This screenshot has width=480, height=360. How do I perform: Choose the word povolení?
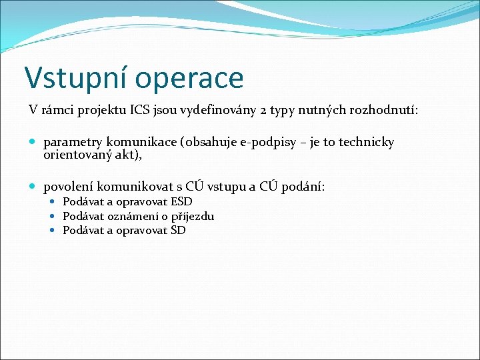68,187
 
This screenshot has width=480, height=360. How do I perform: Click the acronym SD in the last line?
178,230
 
